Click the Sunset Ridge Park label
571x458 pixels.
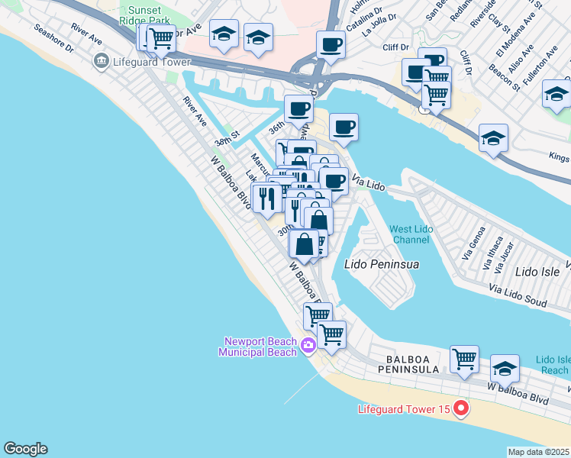[139, 15]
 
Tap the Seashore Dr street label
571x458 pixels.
[53, 40]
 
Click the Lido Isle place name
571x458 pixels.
[537, 271]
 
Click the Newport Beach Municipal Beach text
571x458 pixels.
[258, 347]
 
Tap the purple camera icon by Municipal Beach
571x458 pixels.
[308, 346]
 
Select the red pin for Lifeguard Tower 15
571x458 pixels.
[460, 409]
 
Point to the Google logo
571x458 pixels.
[25, 449]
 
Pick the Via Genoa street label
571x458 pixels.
[480, 240]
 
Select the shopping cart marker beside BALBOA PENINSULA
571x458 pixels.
[464, 358]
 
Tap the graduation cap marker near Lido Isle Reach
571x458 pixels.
[505, 368]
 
